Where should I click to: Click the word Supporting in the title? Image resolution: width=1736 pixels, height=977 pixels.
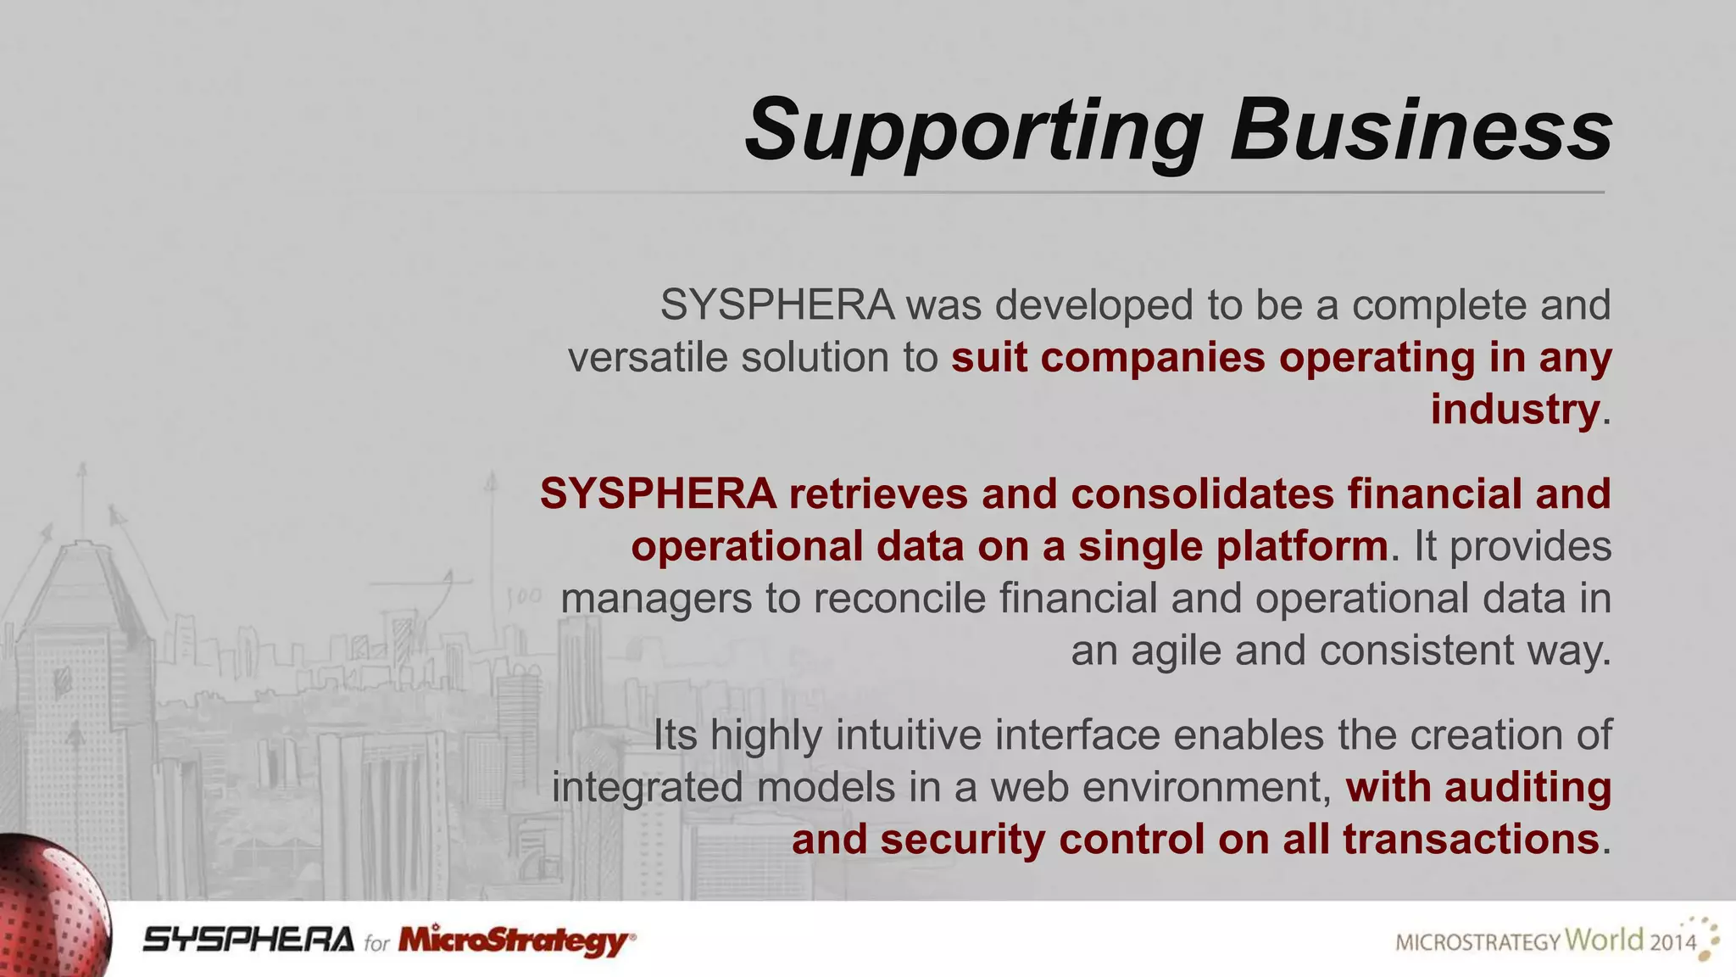(x=973, y=131)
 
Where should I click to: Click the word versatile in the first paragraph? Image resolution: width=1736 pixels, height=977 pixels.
(x=648, y=357)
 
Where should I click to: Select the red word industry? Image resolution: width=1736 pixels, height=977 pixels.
(x=1514, y=410)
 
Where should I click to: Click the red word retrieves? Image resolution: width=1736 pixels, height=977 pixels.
(x=878, y=494)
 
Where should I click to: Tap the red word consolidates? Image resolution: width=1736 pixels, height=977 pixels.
(x=1202, y=494)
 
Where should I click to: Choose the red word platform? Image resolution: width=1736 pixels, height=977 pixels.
(x=1302, y=547)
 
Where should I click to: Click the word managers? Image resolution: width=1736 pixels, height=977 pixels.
(x=656, y=599)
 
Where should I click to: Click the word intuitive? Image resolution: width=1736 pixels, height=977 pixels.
(x=908, y=734)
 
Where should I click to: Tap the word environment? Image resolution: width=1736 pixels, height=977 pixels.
(x=1207, y=787)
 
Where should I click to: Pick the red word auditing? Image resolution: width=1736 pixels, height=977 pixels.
(x=1528, y=787)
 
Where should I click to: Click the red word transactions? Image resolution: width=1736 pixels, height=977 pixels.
(x=1471, y=840)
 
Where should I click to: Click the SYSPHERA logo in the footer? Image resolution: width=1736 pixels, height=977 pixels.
(x=248, y=940)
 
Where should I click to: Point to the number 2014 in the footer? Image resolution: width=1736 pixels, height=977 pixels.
(x=1672, y=942)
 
